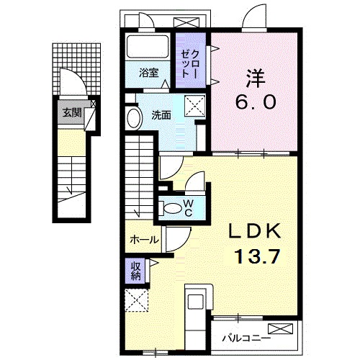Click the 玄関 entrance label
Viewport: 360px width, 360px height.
pyautogui.click(x=72, y=112)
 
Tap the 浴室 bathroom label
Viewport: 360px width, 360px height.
pyautogui.click(x=149, y=73)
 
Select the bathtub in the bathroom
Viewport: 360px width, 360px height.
pyautogui.click(x=147, y=46)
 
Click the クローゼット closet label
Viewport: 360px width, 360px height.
pyautogui.click(x=190, y=64)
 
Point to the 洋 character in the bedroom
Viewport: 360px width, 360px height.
pyautogui.click(x=254, y=78)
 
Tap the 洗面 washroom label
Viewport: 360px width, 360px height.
pyautogui.click(x=161, y=115)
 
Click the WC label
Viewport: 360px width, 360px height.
pyautogui.click(x=189, y=208)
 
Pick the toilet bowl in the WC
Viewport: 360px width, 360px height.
pyautogui.click(x=172, y=208)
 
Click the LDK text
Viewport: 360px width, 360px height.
pyautogui.click(x=255, y=231)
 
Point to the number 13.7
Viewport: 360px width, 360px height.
pyautogui.click(x=258, y=256)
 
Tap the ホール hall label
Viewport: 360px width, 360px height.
pyautogui.click(x=144, y=240)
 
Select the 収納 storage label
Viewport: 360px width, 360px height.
pyautogui.click(x=135, y=271)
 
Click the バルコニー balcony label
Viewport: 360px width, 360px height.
pyautogui.click(x=246, y=339)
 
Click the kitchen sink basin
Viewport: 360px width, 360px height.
pyautogui.click(x=196, y=302)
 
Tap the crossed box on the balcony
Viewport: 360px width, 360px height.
pyautogui.click(x=281, y=328)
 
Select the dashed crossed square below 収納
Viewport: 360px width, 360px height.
pyautogui.click(x=137, y=300)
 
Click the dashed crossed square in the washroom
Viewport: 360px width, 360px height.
pyautogui.click(x=194, y=106)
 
